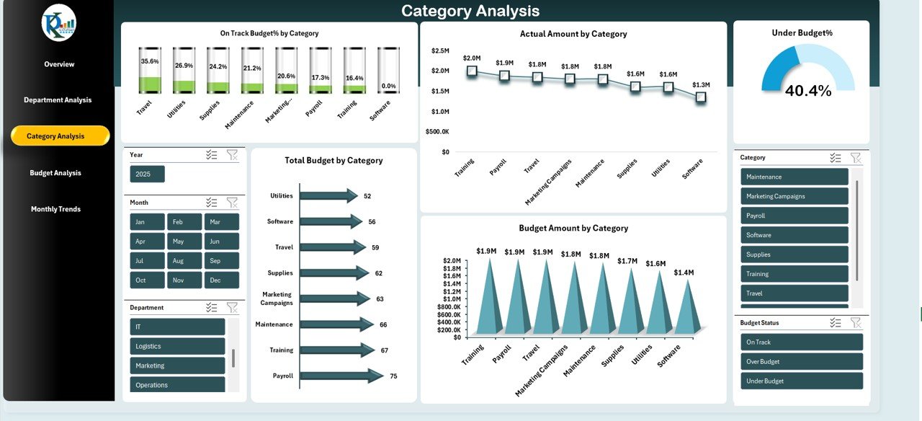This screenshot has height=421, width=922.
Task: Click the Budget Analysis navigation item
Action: [x=55, y=173]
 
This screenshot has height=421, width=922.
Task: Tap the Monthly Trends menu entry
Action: [x=55, y=209]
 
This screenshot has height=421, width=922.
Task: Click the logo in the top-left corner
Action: [x=59, y=23]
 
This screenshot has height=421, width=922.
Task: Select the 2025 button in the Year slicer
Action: [x=147, y=174]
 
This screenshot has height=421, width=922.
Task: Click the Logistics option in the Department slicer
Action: [x=177, y=346]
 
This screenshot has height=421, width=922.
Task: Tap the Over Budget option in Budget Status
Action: [x=801, y=362]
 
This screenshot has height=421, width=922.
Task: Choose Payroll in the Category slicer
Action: [x=794, y=216]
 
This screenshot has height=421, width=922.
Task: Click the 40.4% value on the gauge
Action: [x=807, y=91]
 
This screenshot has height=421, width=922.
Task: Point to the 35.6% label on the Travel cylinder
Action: [x=150, y=62]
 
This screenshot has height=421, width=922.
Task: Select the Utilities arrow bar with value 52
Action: [x=328, y=195]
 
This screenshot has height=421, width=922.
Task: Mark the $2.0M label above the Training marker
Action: [x=472, y=58]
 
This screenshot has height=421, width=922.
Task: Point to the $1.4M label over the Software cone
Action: [x=684, y=272]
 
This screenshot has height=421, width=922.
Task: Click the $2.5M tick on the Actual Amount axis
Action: [x=440, y=50]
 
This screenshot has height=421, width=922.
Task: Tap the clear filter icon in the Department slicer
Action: [x=232, y=307]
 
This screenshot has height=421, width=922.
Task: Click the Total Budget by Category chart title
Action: [x=334, y=161]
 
